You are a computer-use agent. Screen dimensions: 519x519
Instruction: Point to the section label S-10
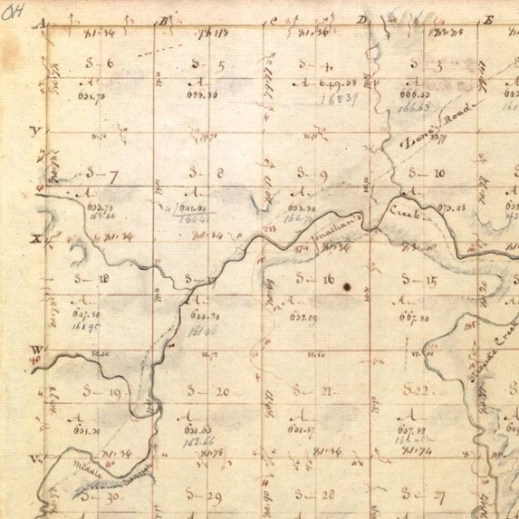click(x=426, y=172)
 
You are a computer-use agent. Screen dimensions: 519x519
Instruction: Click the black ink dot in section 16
click(x=347, y=286)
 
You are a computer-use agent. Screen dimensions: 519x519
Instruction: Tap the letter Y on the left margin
click(x=36, y=131)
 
